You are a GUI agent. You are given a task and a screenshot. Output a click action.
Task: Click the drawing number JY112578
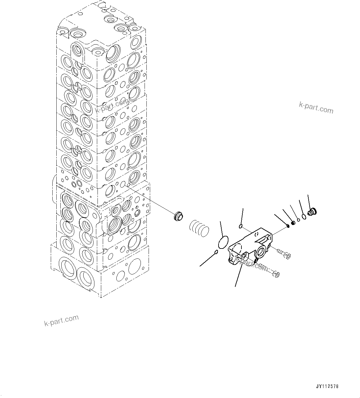click(x=327, y=387)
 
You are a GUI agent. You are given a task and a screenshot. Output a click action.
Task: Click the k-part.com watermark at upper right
click(x=316, y=108)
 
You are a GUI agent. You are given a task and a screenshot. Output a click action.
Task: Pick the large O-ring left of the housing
click(x=223, y=242)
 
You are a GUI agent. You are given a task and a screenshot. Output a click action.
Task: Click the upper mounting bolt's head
click(x=288, y=256)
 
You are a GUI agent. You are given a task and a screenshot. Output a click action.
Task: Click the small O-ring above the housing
click(x=241, y=227)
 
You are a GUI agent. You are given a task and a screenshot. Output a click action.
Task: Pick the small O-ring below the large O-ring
click(x=216, y=252)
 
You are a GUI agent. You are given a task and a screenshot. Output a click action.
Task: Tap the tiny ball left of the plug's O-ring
click(x=298, y=220)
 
